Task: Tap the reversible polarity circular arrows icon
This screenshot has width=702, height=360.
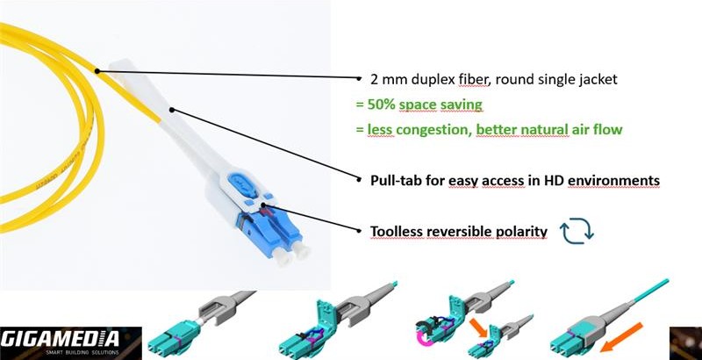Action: [x=577, y=230]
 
